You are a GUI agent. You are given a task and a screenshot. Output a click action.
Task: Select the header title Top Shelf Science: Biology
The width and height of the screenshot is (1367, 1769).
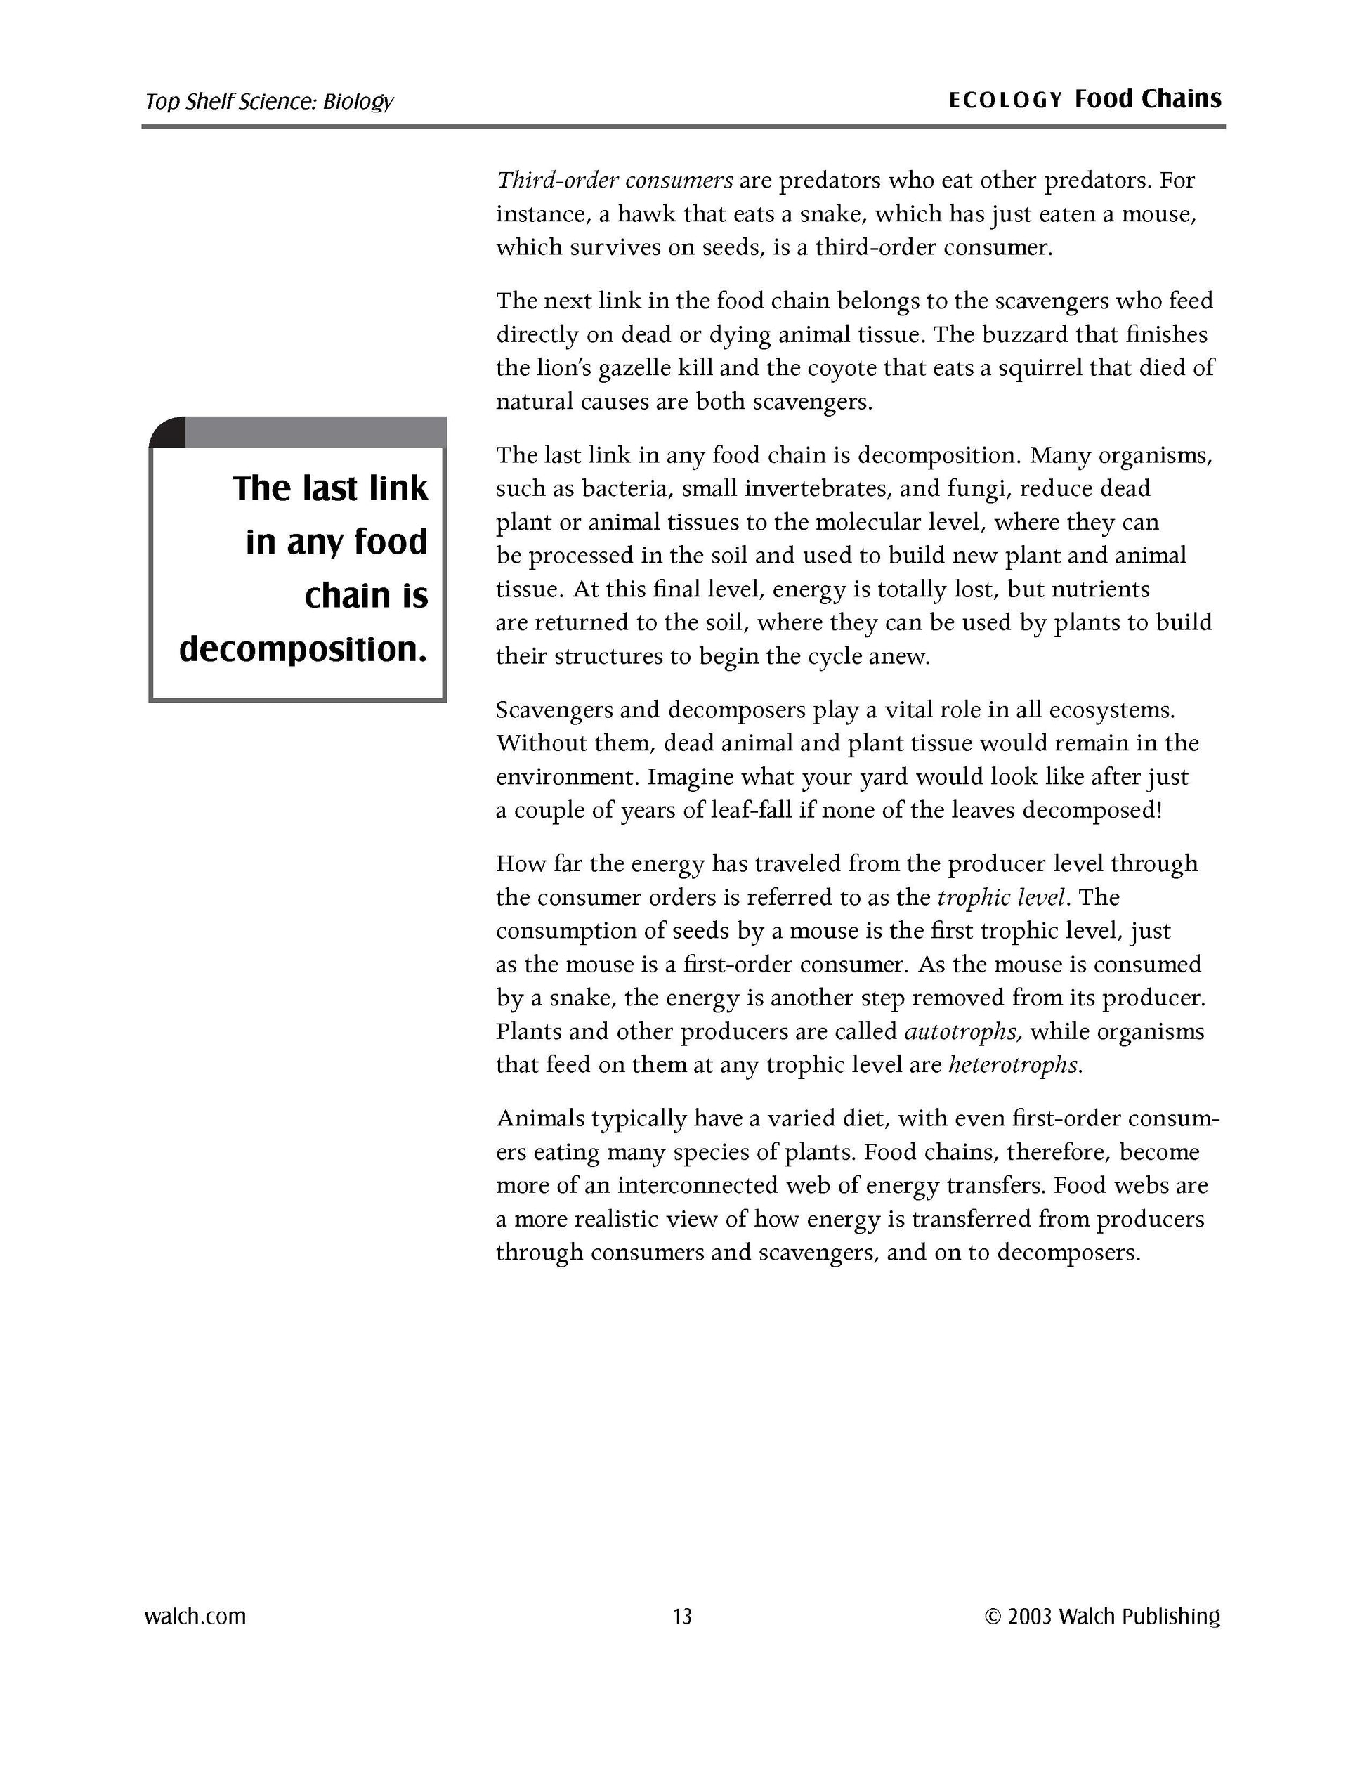[x=269, y=101]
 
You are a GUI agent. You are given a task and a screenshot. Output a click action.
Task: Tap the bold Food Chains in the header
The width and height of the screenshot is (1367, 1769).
[x=1148, y=99]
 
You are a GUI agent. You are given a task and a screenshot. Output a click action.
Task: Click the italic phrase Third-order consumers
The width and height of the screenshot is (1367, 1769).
[x=615, y=180]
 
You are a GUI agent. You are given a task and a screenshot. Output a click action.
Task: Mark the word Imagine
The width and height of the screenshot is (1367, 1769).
[x=691, y=778]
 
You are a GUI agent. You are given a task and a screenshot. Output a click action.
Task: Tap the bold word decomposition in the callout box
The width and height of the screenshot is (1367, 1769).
[x=303, y=648]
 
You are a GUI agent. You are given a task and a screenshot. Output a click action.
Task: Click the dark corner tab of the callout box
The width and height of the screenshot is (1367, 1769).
[x=168, y=432]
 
